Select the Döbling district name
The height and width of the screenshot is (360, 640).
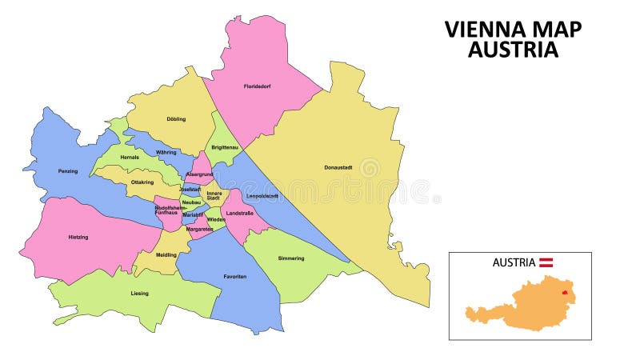(x=176, y=119)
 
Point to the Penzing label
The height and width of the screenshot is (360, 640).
(x=68, y=171)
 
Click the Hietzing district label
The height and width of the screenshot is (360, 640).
(x=78, y=238)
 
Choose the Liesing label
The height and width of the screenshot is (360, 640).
(x=139, y=294)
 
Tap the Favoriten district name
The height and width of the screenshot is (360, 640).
(x=234, y=276)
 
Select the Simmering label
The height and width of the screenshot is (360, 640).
(x=291, y=258)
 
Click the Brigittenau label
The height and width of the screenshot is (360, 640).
(x=225, y=147)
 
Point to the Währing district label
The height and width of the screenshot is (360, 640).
(x=166, y=151)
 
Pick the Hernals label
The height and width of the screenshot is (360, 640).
(x=129, y=158)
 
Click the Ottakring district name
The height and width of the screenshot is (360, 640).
(x=142, y=182)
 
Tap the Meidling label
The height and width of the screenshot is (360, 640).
(x=166, y=255)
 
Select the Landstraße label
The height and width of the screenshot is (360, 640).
(x=240, y=213)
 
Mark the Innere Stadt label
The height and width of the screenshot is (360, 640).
(x=214, y=195)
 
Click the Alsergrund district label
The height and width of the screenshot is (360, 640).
(x=198, y=174)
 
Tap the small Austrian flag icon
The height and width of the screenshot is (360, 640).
(x=547, y=262)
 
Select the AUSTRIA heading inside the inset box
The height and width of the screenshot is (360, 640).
(x=514, y=262)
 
